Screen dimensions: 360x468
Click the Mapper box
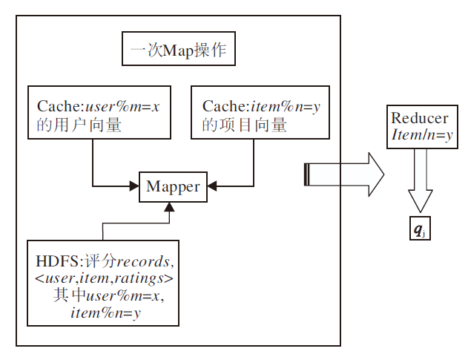173,186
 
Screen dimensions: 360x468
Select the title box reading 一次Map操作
178,53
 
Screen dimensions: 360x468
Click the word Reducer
419,119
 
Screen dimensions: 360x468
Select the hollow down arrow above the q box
420,189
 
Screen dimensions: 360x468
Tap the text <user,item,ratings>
104,279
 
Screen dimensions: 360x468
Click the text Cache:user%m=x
99,107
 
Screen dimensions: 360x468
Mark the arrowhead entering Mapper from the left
135,186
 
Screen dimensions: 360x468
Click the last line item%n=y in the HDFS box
105,312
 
